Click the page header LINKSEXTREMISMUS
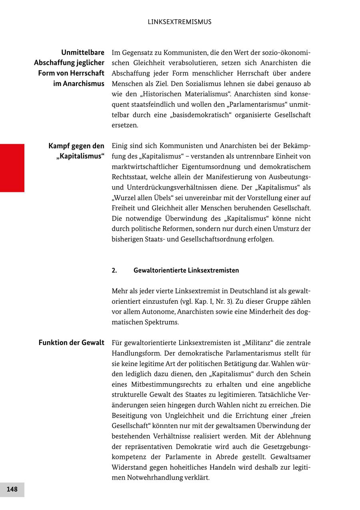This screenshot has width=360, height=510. click(180, 22)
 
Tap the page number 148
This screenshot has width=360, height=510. click(12, 489)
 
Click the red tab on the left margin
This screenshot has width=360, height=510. click(12, 168)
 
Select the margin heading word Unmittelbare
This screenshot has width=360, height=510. click(83, 52)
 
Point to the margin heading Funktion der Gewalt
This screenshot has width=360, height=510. click(72, 343)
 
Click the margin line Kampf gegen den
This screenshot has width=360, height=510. click(76, 146)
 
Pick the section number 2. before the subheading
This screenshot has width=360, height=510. click(114, 270)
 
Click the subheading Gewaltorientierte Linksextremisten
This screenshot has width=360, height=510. click(186, 270)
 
